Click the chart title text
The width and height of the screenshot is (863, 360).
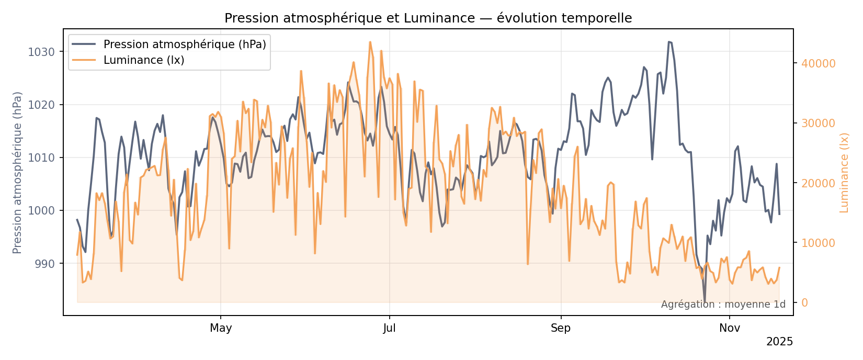click(x=428, y=18)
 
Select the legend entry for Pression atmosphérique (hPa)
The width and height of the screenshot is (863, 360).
click(x=185, y=44)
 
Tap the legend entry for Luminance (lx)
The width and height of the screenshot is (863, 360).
click(x=144, y=60)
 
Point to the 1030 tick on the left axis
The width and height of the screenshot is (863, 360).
click(x=42, y=52)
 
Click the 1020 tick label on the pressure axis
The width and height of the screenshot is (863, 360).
click(x=42, y=105)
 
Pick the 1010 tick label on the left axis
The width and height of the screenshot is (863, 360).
click(x=42, y=157)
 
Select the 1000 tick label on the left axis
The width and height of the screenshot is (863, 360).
click(x=42, y=210)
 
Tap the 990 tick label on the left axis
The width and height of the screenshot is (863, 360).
click(x=45, y=264)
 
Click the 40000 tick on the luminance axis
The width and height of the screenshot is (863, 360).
click(x=818, y=63)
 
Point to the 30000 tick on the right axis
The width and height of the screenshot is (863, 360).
click(x=818, y=123)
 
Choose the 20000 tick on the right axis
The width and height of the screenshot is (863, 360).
click(x=818, y=183)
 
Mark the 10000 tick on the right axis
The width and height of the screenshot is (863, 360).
click(x=818, y=243)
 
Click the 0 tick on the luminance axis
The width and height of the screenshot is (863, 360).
click(x=804, y=302)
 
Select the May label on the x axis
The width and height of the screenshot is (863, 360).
click(x=221, y=328)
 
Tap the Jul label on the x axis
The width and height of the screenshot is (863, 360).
click(x=389, y=328)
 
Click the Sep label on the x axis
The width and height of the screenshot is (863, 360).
click(x=561, y=328)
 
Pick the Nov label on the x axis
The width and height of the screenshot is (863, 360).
click(x=730, y=328)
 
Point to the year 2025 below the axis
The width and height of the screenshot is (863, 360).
click(x=779, y=342)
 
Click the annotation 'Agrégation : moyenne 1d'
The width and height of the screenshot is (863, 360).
click(x=723, y=305)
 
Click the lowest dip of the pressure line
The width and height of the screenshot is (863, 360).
click(x=705, y=302)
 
